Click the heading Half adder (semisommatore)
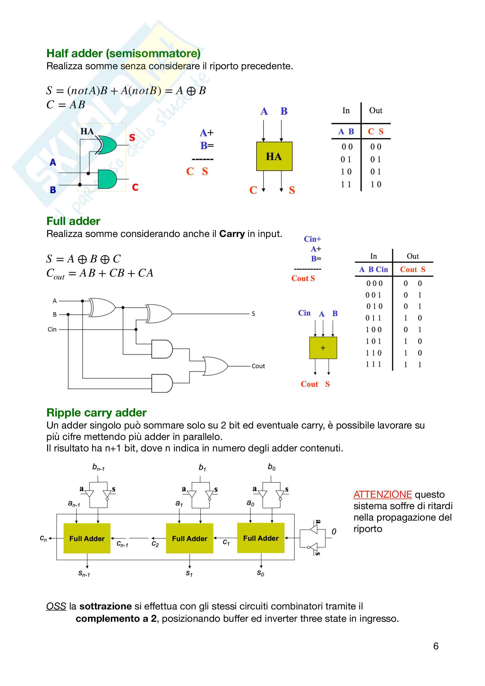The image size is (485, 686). click(123, 53)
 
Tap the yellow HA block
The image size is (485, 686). click(274, 156)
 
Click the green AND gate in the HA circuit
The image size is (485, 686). click(107, 179)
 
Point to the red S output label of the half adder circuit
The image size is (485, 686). click(132, 138)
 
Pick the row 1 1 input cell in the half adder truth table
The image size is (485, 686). click(346, 184)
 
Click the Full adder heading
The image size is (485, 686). click(73, 221)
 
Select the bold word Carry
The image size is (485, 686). click(232, 234)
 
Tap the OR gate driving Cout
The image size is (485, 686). click(215, 366)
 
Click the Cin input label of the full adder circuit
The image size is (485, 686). click(52, 329)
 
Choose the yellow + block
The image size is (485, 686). click(323, 348)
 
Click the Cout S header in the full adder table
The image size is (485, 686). click(413, 270)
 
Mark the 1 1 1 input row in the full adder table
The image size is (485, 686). click(373, 364)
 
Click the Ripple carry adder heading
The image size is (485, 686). click(96, 413)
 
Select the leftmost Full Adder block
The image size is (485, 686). click(87, 538)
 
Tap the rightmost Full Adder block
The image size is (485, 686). click(261, 538)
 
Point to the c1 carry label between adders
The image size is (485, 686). click(226, 542)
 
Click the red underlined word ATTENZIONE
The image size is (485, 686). click(383, 494)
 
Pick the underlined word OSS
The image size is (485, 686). click(56, 606)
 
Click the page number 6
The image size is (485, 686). click(436, 646)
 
